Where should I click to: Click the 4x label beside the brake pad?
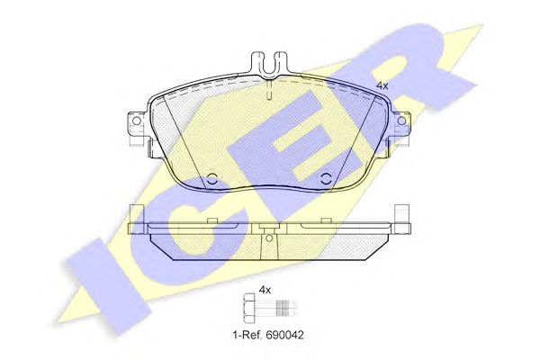(382, 85)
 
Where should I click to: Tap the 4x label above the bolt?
(265, 291)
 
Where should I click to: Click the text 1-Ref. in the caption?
(247, 335)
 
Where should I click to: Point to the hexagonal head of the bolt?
(248, 305)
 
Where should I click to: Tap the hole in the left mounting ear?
(137, 121)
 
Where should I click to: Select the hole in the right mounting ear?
(401, 121)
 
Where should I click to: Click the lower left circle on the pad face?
(212, 178)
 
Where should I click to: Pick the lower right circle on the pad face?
(326, 178)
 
